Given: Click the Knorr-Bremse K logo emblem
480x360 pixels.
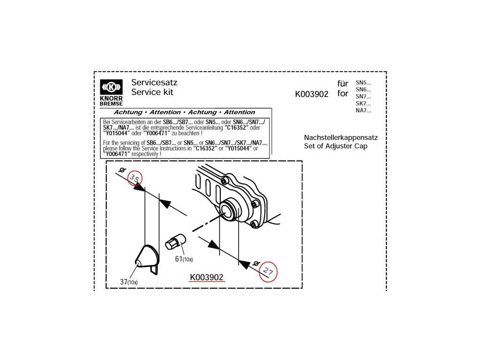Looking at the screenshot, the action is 111,87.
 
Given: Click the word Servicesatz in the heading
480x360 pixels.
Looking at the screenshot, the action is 154,82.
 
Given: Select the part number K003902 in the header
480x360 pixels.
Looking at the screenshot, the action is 312,94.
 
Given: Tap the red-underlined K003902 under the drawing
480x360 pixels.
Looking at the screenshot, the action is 207,277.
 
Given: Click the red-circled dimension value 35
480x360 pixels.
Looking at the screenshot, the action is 135,178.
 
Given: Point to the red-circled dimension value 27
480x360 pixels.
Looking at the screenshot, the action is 268,271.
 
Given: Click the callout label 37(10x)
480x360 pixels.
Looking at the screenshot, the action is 128,282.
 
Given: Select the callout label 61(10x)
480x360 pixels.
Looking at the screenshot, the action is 184,259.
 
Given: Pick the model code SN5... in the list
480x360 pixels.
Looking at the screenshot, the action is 363,82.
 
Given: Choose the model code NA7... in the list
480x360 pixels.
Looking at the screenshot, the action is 363,111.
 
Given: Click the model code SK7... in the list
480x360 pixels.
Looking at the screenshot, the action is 363,104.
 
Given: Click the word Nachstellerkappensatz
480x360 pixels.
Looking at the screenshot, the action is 341,138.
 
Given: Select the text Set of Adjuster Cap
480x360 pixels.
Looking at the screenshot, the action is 336,146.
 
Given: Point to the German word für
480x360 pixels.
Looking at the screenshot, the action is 343,83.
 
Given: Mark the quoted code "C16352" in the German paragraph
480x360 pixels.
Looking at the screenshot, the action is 236,127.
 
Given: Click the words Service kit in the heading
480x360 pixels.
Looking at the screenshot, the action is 152,92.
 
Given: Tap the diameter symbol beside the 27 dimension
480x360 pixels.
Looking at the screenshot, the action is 256,263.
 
